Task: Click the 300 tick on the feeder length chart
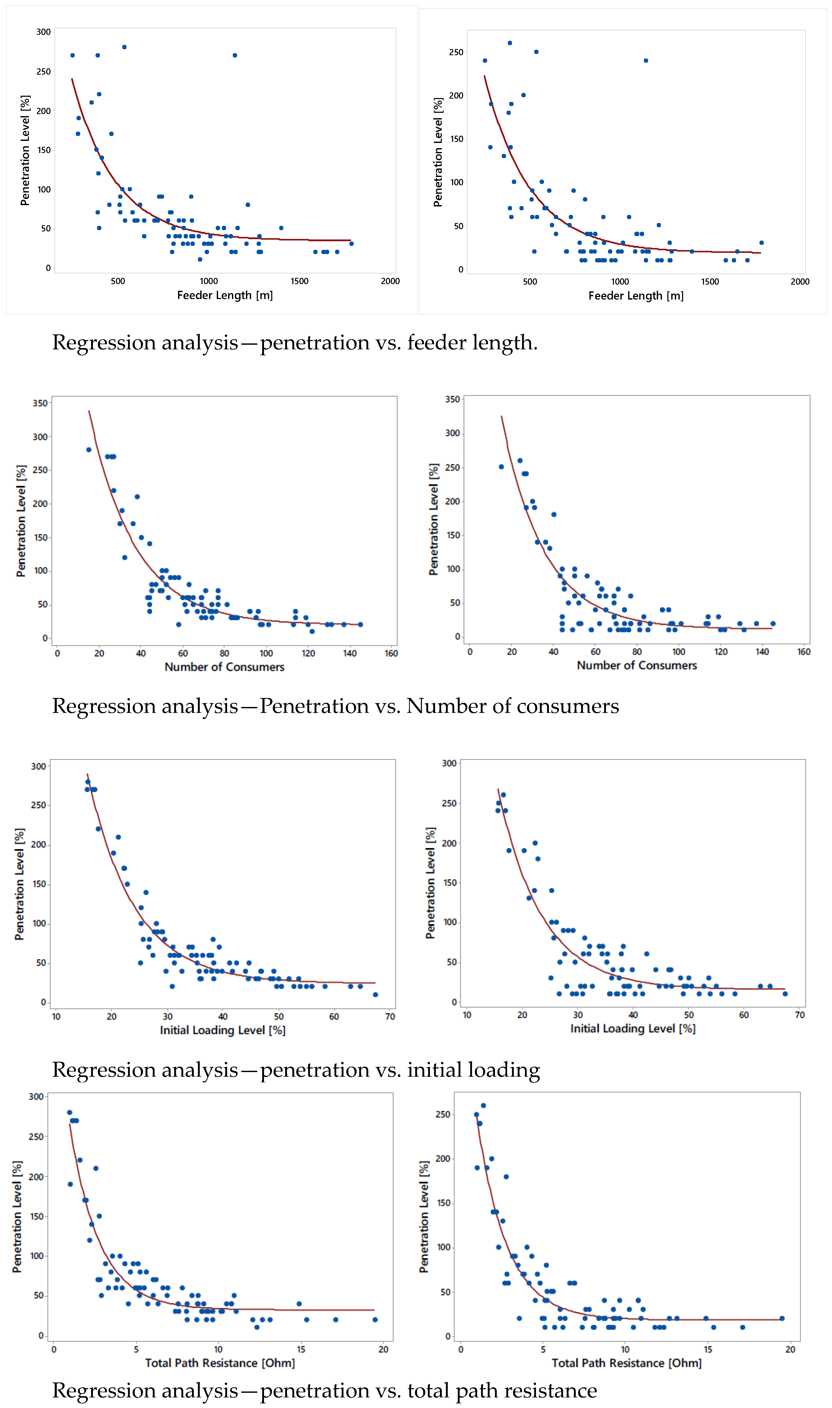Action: (x=43, y=32)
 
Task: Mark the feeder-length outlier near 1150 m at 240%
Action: (x=646, y=61)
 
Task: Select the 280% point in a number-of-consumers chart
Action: (x=89, y=449)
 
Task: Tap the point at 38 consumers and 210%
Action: (x=137, y=497)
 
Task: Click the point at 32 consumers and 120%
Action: (x=124, y=557)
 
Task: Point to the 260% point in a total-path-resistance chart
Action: (x=483, y=1105)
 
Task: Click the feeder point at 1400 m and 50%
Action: (x=281, y=228)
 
